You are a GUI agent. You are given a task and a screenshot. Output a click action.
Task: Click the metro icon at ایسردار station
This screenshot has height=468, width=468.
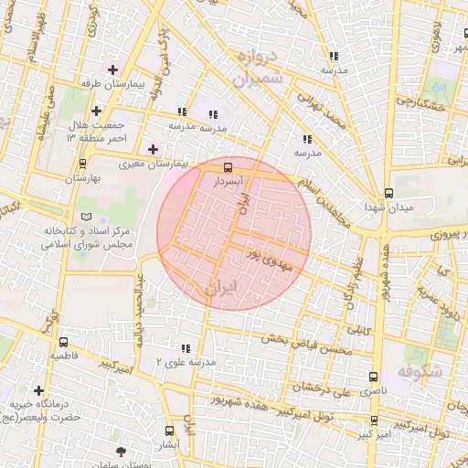(x=228, y=167)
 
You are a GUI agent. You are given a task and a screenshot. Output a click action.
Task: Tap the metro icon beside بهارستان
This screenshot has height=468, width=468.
(x=83, y=164)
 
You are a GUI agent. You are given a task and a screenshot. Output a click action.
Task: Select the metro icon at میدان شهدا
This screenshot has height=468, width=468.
(x=388, y=193)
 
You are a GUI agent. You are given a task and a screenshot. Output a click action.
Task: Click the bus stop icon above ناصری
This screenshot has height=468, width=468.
(x=372, y=376)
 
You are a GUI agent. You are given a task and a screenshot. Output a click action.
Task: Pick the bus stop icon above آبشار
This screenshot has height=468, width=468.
(x=169, y=430)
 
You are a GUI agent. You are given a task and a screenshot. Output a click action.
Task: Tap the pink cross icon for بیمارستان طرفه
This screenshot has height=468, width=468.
(x=113, y=69)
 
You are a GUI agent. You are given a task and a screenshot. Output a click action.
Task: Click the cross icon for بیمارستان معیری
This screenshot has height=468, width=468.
(x=152, y=149)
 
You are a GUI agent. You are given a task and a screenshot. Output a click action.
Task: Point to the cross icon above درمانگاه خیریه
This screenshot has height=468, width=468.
(x=38, y=390)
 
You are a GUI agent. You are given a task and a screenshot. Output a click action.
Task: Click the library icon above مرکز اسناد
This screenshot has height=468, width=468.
(x=87, y=217)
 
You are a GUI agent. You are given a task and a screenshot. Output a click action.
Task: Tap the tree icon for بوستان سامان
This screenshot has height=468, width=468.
(x=122, y=452)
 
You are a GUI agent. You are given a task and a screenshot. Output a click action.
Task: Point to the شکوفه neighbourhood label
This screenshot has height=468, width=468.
(x=421, y=372)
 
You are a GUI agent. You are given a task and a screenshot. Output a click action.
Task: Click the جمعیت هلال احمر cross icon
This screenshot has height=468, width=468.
(x=95, y=111)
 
